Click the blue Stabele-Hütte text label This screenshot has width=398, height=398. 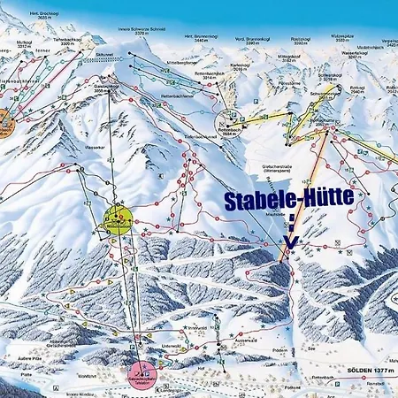pyautogui.click(x=289, y=201)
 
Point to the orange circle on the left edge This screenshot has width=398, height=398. pyautogui.click(x=4, y=119)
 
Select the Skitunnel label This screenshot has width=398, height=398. pyautogui.click(x=105, y=53)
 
